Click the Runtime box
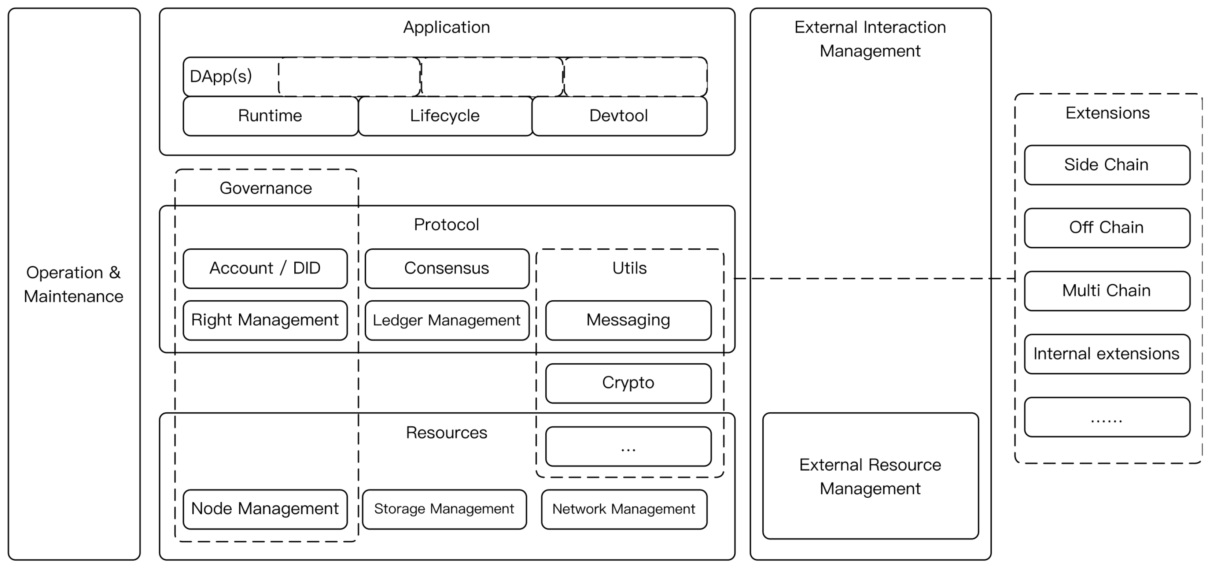coord(270,116)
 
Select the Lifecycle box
coord(445,116)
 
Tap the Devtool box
coord(619,116)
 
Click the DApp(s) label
coord(221,76)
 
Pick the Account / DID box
coord(265,268)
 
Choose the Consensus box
coord(446,268)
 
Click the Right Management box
coord(265,320)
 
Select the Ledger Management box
coord(446,320)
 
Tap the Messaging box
coord(628,320)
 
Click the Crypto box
coord(628,383)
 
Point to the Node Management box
coord(265,509)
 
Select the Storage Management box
coord(444,509)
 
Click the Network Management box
coord(624,509)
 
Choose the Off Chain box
coord(1106,227)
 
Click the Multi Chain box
coord(1106,290)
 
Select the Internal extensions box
coord(1106,354)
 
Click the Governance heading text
coord(266,188)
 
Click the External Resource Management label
coord(870,476)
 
